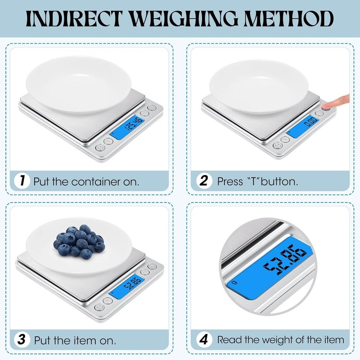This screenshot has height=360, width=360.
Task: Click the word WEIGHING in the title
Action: tap(182, 19)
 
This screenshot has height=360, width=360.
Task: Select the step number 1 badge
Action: tap(22, 182)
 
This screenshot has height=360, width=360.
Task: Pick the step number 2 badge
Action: tap(204, 181)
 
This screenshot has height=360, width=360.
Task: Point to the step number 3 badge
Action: tap(22, 339)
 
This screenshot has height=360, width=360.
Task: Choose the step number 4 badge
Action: tap(204, 339)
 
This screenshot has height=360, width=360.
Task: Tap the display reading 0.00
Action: tap(310, 122)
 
